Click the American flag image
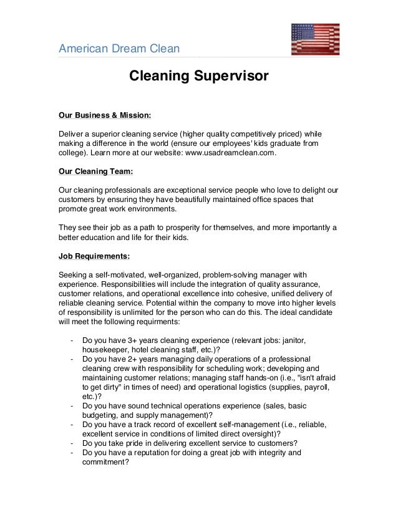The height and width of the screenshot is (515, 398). pos(315,39)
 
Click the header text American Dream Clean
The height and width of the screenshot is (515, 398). pos(119,49)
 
